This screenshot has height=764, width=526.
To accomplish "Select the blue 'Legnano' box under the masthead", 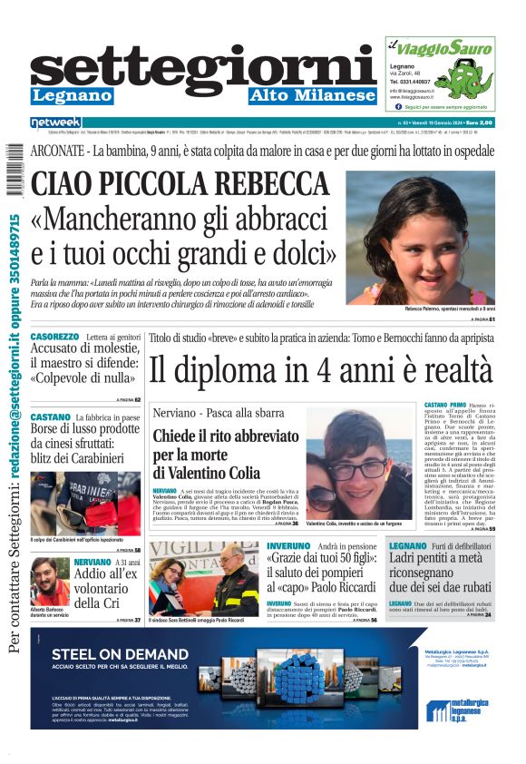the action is pos(72,96).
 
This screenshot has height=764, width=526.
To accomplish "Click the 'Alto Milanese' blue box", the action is pos(312,96).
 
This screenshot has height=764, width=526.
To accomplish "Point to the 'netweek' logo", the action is pos(56,122).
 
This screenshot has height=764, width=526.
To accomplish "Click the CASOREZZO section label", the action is pos(56,337).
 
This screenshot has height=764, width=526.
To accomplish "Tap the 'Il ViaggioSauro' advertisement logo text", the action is pos(433,44).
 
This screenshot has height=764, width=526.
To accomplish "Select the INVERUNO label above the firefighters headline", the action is pos(288,547).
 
